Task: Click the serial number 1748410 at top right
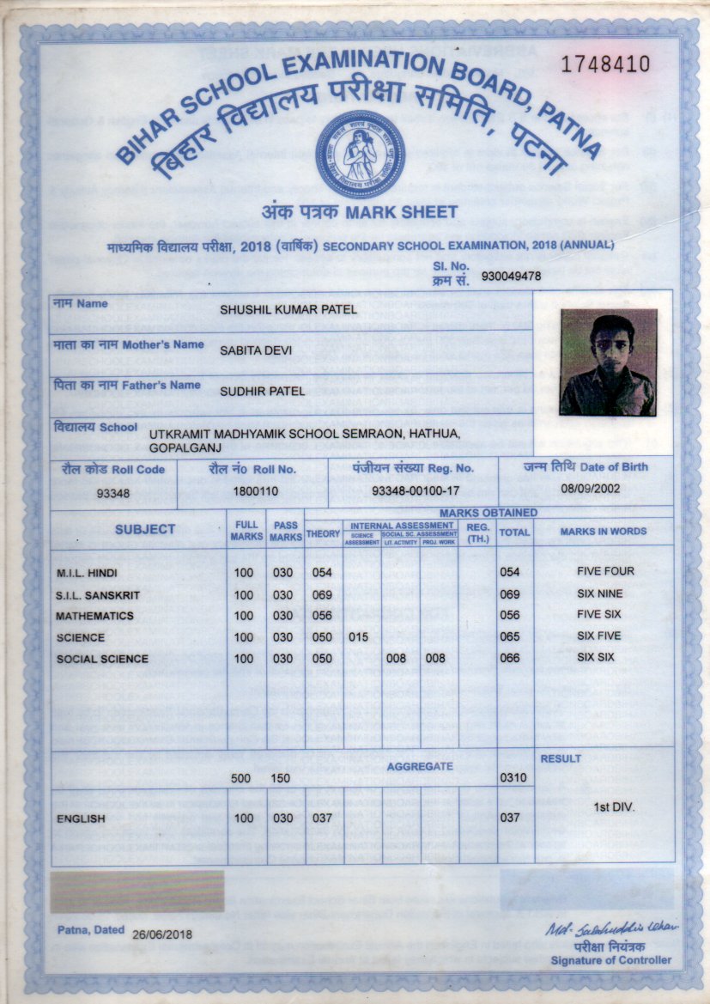pyautogui.click(x=605, y=64)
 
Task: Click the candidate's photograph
pyautogui.click(x=608, y=362)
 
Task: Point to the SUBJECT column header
pyautogui.click(x=145, y=530)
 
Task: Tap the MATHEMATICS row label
pyautogui.click(x=94, y=616)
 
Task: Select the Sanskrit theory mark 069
pyautogui.click(x=321, y=594)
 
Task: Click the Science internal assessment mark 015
pyautogui.click(x=360, y=637)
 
